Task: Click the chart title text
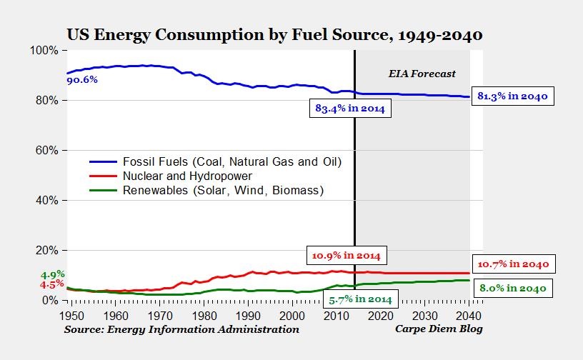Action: (274, 34)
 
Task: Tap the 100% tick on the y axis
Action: (44, 51)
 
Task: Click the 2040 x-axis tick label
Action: (468, 315)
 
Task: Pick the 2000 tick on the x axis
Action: (291, 315)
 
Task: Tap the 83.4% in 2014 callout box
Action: (350, 109)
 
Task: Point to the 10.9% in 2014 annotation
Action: (346, 255)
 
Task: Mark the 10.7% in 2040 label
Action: (512, 264)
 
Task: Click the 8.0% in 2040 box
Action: (512, 289)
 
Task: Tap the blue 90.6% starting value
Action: (81, 80)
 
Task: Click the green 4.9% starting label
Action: (52, 274)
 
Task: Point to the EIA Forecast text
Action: (422, 74)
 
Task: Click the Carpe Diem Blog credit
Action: (439, 329)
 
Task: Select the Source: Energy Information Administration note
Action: (181, 329)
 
